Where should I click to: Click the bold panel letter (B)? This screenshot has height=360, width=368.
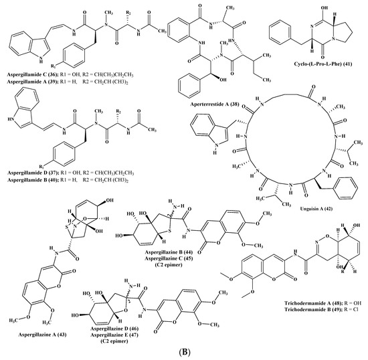pos(183,349)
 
